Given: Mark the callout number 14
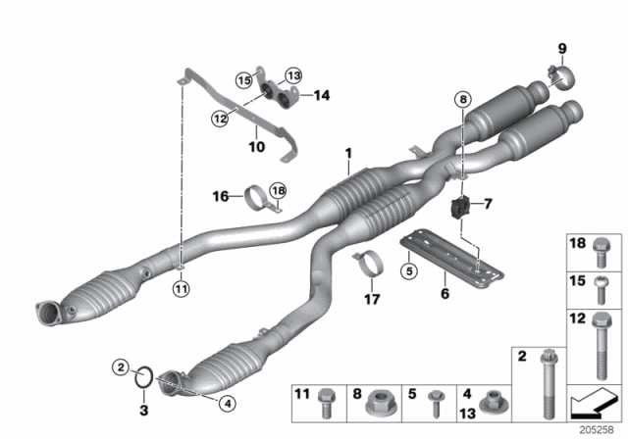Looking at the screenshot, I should coord(321,94).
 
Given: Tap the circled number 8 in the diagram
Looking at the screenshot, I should coord(463,98).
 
